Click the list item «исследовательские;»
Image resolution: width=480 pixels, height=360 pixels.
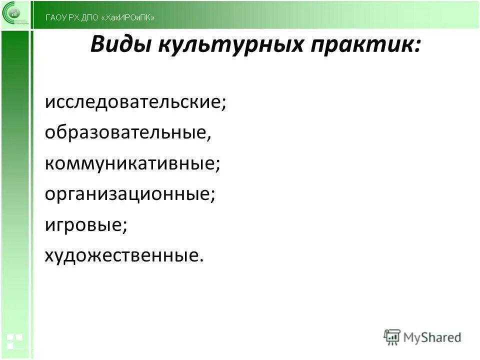135,103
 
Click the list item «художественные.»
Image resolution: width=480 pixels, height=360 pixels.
124,255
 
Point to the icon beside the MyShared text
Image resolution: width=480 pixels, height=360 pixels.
392,336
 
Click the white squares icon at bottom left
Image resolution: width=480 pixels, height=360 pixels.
13,340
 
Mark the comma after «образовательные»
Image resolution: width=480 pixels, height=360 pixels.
204,138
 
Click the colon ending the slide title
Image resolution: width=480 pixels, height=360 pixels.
416,47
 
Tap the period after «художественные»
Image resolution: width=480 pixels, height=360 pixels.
202,260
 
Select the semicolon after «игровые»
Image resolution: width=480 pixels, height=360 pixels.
124,228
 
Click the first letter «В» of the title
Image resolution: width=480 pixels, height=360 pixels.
97,45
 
